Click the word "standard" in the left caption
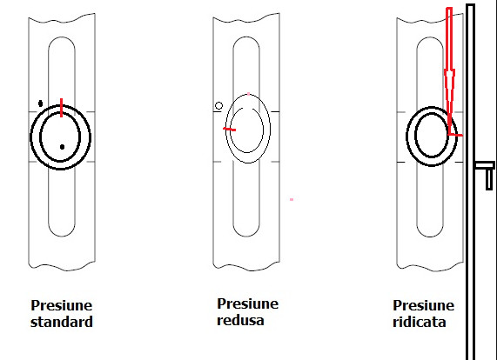coord(62,322)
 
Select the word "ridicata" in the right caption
coord(420,322)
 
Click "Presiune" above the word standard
coord(62,305)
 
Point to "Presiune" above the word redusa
coord(247,303)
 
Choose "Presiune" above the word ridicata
coord(424,305)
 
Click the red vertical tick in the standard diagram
coord(62,108)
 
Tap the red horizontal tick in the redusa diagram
coord(230,129)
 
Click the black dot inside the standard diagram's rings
coord(62,147)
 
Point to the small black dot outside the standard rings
coord(40,103)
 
